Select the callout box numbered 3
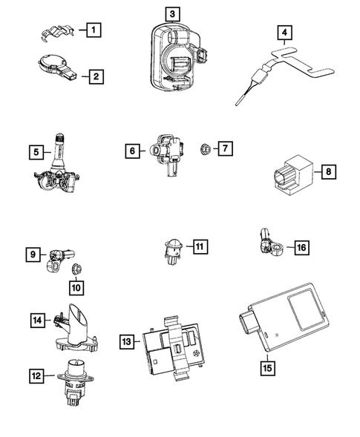point(171,13)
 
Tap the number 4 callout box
point(285,33)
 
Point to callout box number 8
point(329,171)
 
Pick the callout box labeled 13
point(126,341)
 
